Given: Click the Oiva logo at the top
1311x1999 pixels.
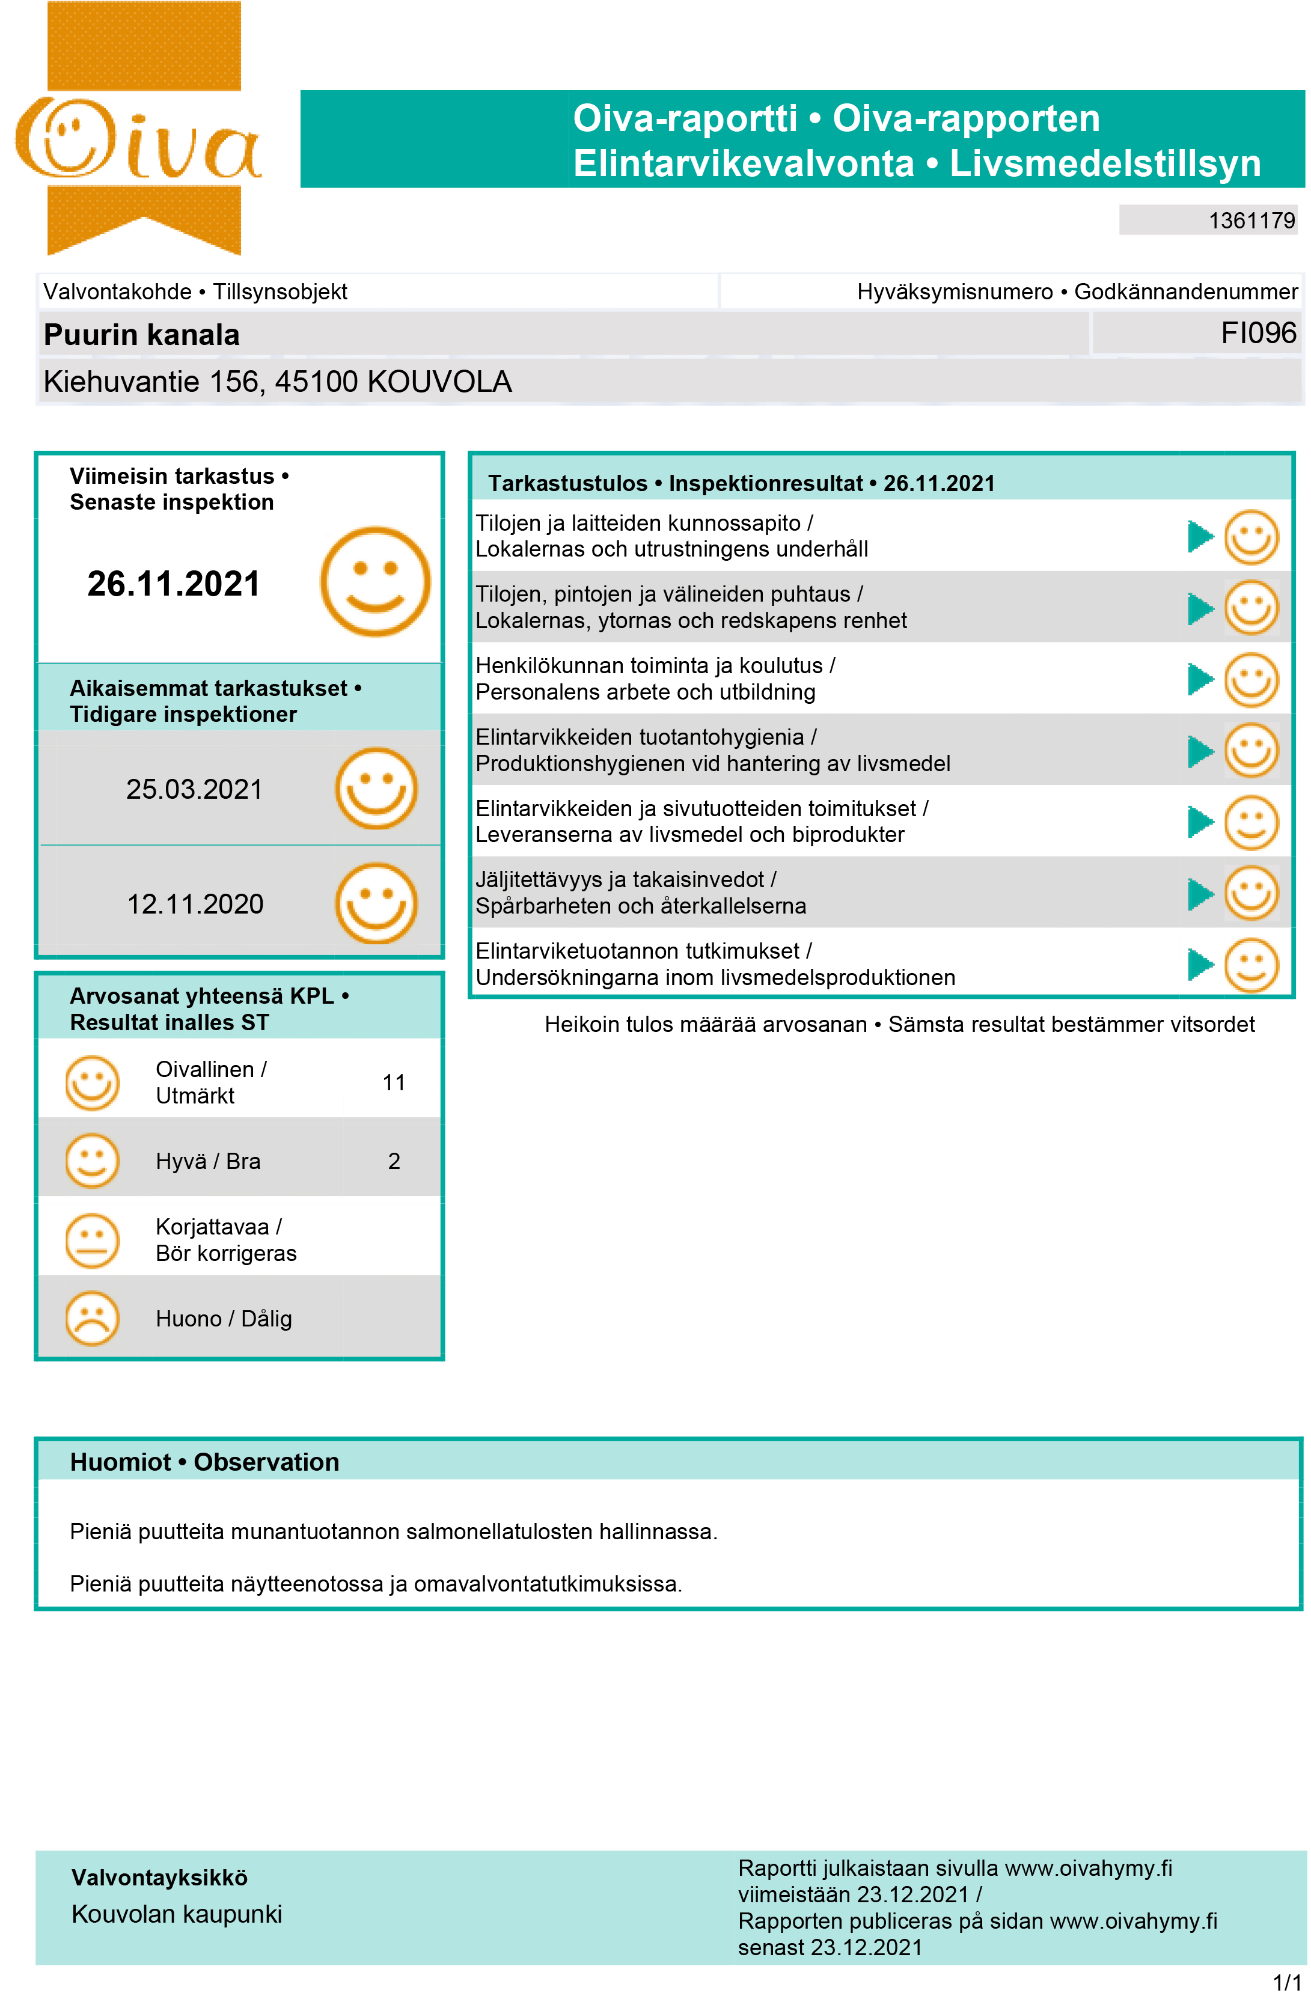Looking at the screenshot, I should [139, 135].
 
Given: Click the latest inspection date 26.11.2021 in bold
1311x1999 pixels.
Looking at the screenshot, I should [173, 584].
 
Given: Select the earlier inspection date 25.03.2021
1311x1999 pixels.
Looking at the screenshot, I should [194, 790].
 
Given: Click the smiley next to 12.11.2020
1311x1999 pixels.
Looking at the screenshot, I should [376, 904].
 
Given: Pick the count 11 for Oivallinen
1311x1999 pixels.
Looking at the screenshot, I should [393, 1082].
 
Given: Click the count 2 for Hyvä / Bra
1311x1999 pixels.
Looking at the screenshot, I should [393, 1162].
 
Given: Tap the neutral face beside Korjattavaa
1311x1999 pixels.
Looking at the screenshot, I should [93, 1241].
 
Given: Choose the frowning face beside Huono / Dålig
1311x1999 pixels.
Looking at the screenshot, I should [93, 1319].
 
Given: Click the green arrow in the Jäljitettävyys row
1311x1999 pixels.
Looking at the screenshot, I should [1200, 894].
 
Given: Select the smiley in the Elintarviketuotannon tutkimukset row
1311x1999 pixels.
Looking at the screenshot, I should [1250, 965].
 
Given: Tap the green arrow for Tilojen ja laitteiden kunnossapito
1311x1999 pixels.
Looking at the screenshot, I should [1200, 537].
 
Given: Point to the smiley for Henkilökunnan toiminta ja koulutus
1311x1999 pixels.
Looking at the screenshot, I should [1250, 680].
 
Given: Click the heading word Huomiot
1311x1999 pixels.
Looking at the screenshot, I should [120, 1462].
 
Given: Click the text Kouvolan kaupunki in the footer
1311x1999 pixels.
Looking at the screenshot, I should [176, 1914].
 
